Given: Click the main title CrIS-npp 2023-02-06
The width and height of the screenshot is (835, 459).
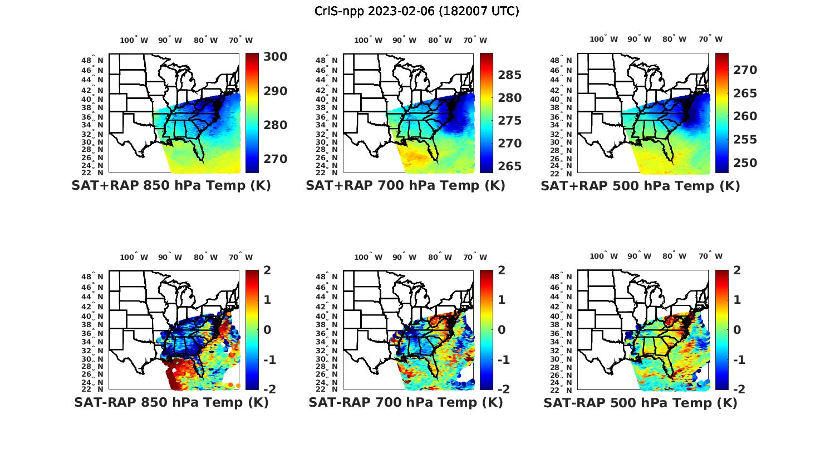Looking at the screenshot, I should [x=416, y=11].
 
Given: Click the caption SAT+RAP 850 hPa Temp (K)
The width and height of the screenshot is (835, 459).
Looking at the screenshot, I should [x=171, y=186].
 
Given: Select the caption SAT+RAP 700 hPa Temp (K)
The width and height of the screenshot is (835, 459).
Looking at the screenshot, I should [x=405, y=186].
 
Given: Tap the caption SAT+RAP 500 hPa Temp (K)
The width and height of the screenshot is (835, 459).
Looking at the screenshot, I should [x=640, y=186].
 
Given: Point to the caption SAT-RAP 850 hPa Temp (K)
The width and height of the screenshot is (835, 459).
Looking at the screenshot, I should [x=171, y=403].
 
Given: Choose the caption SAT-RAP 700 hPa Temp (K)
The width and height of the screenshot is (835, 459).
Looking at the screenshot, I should [x=405, y=403].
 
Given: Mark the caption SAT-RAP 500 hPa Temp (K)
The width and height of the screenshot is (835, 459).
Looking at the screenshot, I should [x=640, y=403].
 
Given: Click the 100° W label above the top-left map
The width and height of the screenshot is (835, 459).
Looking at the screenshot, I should [x=134, y=40].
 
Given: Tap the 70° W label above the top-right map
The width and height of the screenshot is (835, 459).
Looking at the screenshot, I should [x=710, y=39].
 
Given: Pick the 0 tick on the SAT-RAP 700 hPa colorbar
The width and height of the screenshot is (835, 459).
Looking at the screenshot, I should [x=502, y=330].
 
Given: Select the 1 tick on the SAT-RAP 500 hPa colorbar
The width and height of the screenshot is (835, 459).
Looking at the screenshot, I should [x=737, y=300].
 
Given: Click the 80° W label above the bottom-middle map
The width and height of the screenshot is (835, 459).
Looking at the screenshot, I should [x=440, y=257].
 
